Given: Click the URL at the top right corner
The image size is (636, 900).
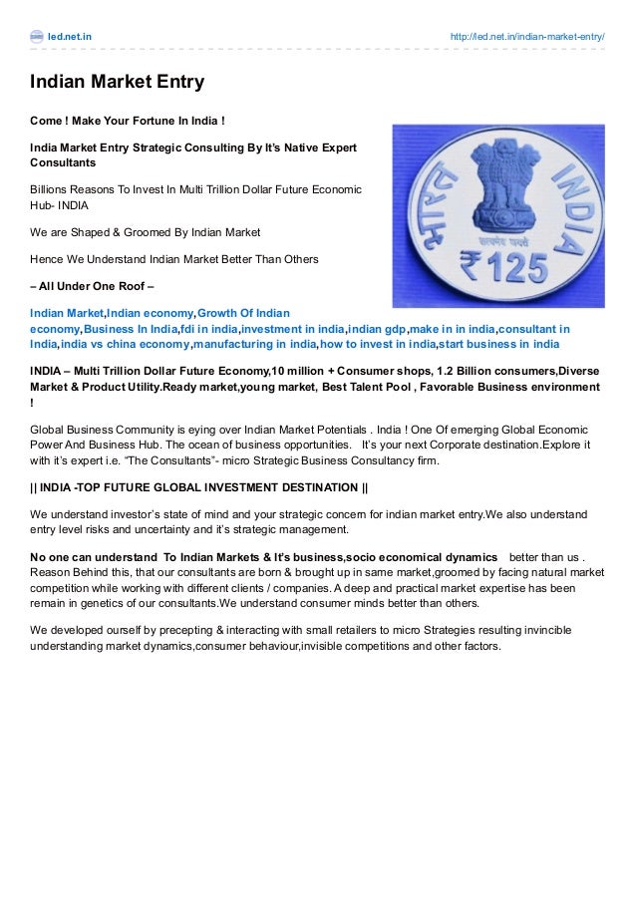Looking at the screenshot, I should click(x=526, y=37).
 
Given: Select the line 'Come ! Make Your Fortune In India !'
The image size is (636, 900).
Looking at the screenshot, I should click(x=128, y=122).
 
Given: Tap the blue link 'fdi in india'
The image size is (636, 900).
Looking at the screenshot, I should click(x=208, y=329).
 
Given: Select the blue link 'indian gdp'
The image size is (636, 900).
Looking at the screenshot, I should click(x=377, y=329).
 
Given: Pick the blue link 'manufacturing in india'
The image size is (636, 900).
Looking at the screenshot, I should click(x=254, y=344).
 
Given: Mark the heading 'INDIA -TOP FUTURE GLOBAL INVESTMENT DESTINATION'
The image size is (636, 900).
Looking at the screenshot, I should click(x=199, y=486).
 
